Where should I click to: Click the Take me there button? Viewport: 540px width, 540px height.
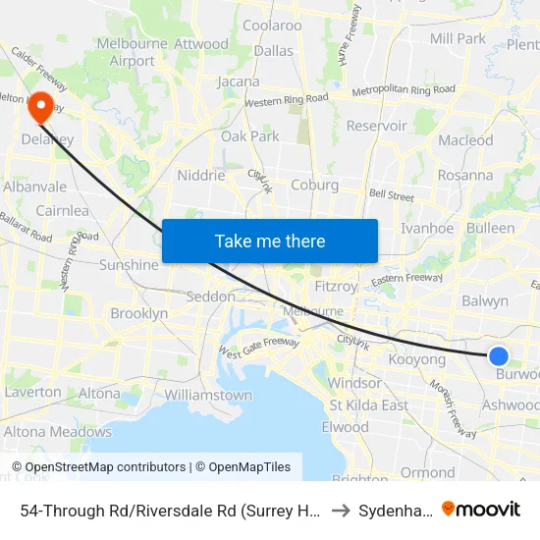[270, 241]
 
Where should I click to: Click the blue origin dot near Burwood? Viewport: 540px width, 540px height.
[499, 356]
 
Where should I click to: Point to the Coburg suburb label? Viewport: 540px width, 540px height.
[315, 185]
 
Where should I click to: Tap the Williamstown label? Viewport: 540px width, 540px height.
[208, 395]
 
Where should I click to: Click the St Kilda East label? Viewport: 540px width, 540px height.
[369, 405]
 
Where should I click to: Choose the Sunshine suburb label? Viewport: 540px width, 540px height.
[129, 264]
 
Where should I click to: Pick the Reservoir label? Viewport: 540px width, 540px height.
[376, 126]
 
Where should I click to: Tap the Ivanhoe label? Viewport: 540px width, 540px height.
[428, 228]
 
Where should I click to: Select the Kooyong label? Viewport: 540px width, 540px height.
[417, 359]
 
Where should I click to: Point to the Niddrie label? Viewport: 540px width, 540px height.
[200, 176]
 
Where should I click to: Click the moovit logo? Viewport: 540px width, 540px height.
[480, 509]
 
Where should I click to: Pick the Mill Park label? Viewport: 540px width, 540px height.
[458, 38]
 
